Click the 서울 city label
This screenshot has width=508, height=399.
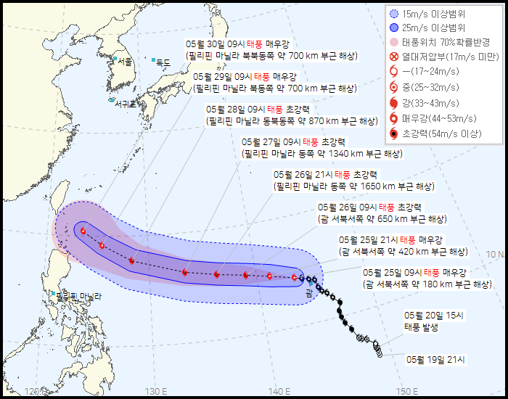point(125,62)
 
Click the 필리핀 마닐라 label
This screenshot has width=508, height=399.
point(79,296)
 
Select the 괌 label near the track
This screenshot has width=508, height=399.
point(310,292)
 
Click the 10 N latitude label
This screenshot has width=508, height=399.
point(495,254)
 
